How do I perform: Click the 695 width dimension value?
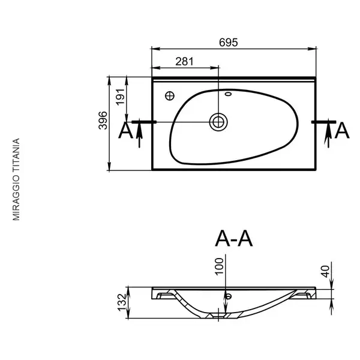coord(228,43)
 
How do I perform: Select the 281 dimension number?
coord(185,62)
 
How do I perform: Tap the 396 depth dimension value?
coord(103,121)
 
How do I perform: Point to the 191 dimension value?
coord(121,97)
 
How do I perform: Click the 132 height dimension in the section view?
coord(122,302)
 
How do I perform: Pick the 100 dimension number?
coord(220,266)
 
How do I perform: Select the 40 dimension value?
coord(325,271)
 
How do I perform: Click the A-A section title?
coord(234,239)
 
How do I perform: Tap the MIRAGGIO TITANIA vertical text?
coord(16,179)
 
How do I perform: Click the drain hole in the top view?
coord(218,122)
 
